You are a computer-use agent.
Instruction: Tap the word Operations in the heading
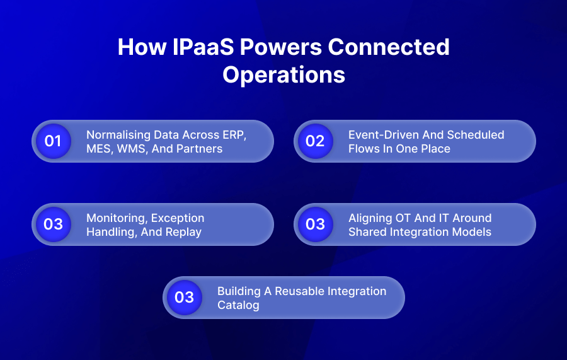[283, 74]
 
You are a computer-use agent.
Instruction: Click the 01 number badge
[53, 141]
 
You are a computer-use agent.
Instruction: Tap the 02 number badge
[315, 141]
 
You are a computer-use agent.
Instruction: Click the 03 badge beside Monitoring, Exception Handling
[53, 224]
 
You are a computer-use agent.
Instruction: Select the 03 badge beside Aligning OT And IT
[315, 224]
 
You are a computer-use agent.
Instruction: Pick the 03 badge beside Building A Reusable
[184, 297]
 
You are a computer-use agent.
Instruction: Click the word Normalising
[117, 135]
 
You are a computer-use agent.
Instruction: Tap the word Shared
[367, 232]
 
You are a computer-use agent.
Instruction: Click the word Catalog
[238, 305]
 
